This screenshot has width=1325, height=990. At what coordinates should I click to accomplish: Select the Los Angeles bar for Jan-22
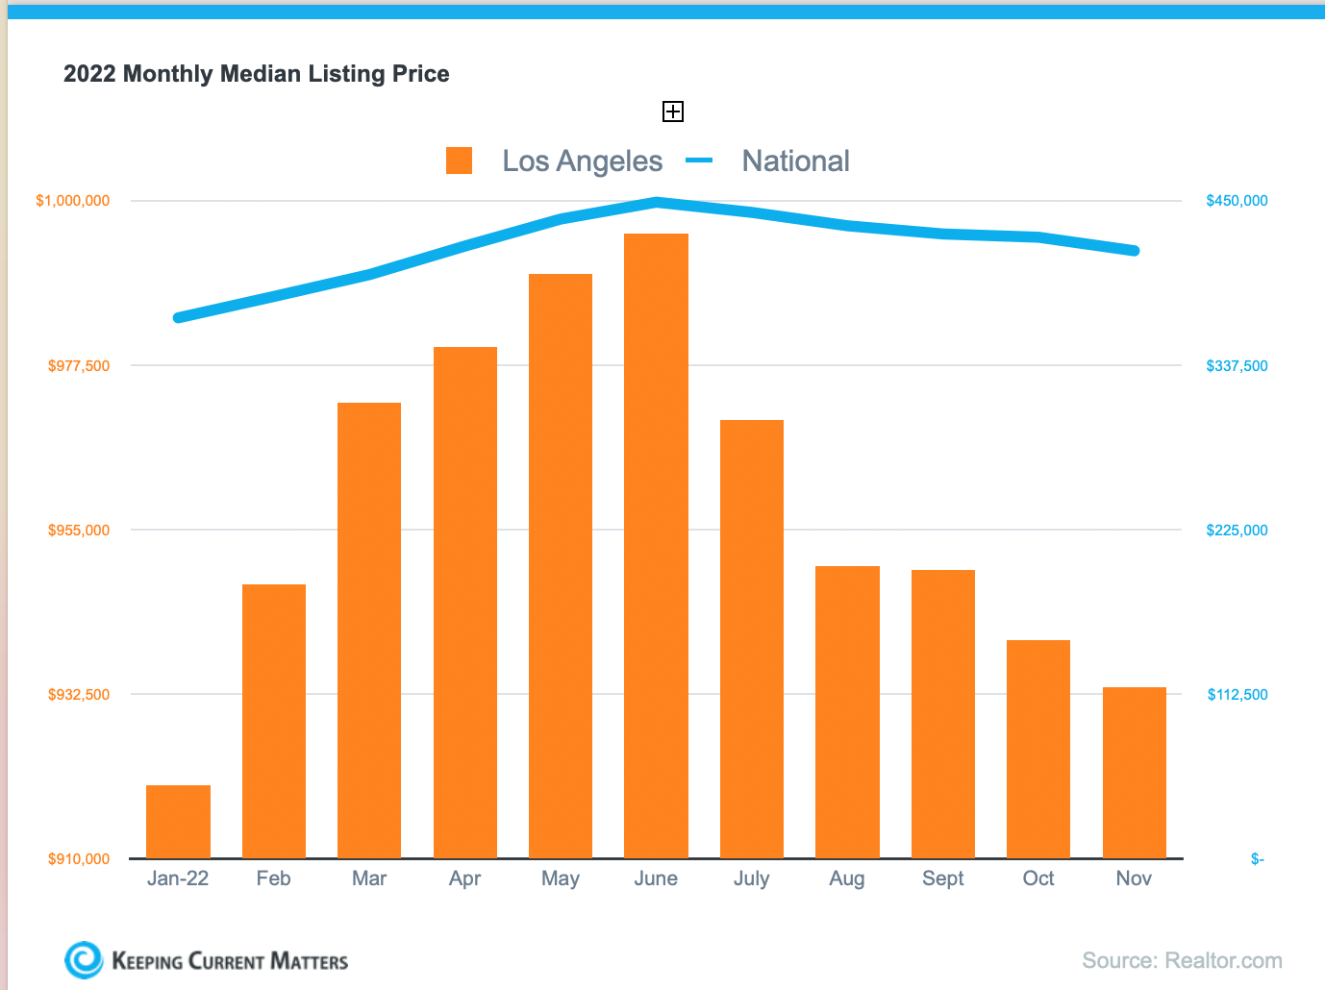178,822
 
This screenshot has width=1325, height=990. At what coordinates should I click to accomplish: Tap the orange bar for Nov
1134,773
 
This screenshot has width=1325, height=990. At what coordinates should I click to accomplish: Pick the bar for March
369,630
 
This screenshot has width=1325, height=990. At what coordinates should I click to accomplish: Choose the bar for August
847,711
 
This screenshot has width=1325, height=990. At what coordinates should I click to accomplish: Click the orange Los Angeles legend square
460,161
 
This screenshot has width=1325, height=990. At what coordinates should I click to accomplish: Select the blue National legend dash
699,161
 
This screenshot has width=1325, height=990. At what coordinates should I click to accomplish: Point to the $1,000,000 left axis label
73,201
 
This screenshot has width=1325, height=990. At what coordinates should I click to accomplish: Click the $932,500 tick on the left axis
79,694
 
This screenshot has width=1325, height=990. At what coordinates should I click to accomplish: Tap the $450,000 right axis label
1237,201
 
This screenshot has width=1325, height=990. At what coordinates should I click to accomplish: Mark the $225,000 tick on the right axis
1237,530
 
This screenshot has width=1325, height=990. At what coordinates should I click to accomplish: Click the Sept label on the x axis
942,879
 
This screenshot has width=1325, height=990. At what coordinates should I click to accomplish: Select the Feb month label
273,879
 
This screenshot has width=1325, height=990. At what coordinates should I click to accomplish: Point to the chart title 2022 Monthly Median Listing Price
257,74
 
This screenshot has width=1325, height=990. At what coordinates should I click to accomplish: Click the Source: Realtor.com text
1182,960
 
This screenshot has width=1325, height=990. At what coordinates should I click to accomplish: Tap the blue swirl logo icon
84,959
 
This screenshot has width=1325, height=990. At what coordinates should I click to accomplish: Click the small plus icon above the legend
673,111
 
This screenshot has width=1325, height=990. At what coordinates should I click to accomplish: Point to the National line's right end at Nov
1135,251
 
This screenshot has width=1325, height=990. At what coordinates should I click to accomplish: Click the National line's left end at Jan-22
178,317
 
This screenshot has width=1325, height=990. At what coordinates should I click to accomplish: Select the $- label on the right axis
1257,858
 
